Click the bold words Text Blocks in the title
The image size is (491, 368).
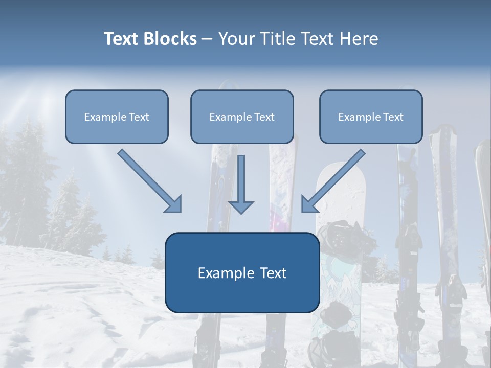coord(150,39)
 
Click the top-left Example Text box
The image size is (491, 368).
coord(117,117)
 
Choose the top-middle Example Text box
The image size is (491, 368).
coord(242,117)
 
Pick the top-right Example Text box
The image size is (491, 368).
coord(371,117)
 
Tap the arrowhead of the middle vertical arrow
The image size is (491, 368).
coord(241,208)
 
